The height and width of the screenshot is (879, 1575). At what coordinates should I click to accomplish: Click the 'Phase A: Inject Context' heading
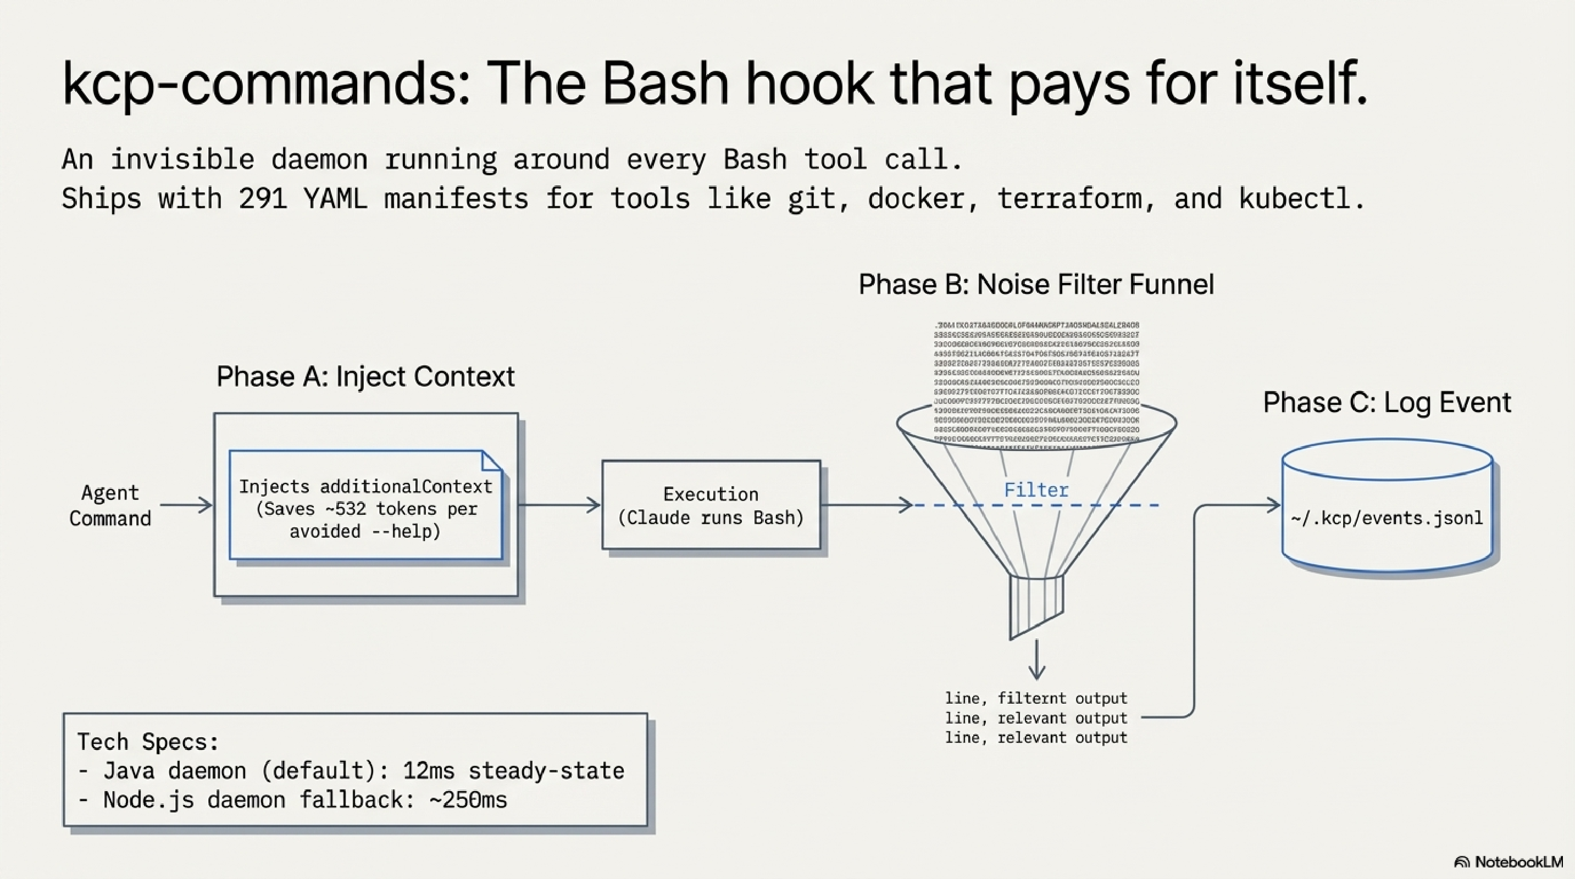[365, 376]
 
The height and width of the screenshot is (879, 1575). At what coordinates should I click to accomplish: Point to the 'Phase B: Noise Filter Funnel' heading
[1036, 285]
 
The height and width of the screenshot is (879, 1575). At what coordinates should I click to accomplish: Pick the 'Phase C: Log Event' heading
[1387, 403]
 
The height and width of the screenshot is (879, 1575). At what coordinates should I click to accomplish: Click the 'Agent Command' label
[110, 505]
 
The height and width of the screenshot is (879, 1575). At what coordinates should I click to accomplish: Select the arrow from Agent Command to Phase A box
[186, 505]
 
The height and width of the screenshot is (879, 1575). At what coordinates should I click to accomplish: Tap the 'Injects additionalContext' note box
[365, 508]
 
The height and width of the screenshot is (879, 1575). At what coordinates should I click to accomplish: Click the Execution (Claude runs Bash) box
[711, 505]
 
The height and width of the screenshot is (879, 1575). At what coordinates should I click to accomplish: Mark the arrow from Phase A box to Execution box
[559, 505]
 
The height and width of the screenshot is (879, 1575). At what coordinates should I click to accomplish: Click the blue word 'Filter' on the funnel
[1036, 489]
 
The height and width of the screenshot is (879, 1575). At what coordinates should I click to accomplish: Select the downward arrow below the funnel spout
[1036, 660]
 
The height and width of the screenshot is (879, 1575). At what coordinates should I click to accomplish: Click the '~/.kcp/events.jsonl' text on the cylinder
[1386, 519]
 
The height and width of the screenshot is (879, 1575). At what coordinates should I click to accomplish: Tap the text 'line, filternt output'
[1036, 698]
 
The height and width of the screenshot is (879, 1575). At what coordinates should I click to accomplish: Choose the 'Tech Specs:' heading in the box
[147, 742]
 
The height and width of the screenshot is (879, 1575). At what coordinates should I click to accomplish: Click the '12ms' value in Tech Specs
[428, 771]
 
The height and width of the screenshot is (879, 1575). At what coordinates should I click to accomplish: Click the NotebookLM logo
[1508, 863]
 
